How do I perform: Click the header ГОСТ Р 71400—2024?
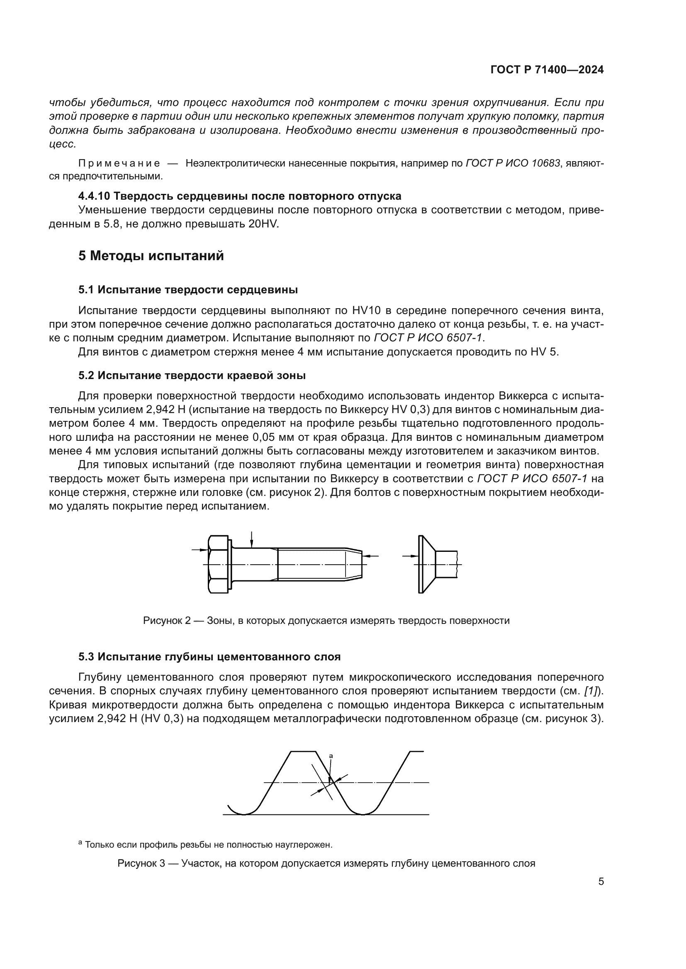(x=547, y=70)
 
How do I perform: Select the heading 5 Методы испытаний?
(x=151, y=256)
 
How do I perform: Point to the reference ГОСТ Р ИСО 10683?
(x=513, y=163)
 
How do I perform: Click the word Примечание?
(x=119, y=163)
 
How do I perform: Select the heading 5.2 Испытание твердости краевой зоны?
(x=192, y=376)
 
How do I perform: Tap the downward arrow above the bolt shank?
(x=251, y=540)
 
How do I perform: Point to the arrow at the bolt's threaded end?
(x=371, y=556)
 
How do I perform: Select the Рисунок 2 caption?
(x=326, y=621)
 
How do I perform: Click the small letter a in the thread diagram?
(x=331, y=756)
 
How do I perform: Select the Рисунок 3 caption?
(x=326, y=863)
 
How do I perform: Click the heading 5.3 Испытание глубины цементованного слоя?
(x=209, y=657)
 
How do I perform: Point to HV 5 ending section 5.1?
(x=544, y=352)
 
